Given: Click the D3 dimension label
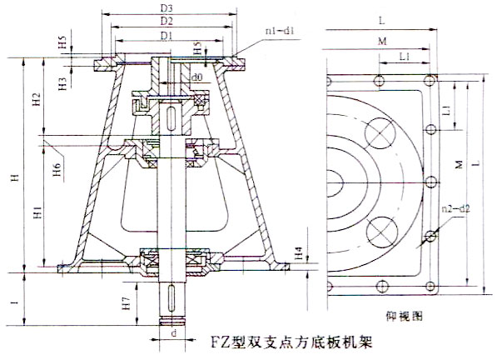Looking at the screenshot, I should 167,7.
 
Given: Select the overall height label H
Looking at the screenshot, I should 11,178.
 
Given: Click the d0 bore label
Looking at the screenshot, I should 196,77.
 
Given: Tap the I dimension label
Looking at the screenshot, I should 9,297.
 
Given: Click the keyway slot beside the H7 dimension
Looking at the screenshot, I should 172,297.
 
